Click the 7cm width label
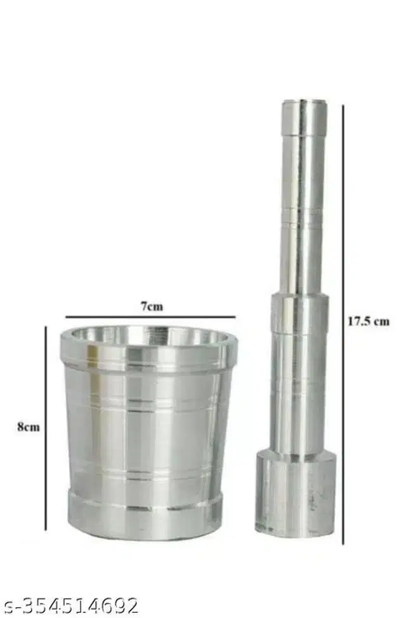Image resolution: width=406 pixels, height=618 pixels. tap(152, 306)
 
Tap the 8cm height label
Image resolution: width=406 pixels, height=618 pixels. tap(29, 427)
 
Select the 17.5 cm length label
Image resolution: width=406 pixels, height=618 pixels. tap(368, 321)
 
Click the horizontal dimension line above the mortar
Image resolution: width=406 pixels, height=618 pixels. tap(151, 316)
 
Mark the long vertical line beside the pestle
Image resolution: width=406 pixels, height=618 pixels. tap(343, 324)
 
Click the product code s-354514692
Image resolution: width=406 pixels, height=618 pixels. tap(70, 605)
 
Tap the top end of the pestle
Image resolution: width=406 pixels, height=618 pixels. tap(304, 102)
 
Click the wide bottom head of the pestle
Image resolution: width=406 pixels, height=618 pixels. tap(296, 494)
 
